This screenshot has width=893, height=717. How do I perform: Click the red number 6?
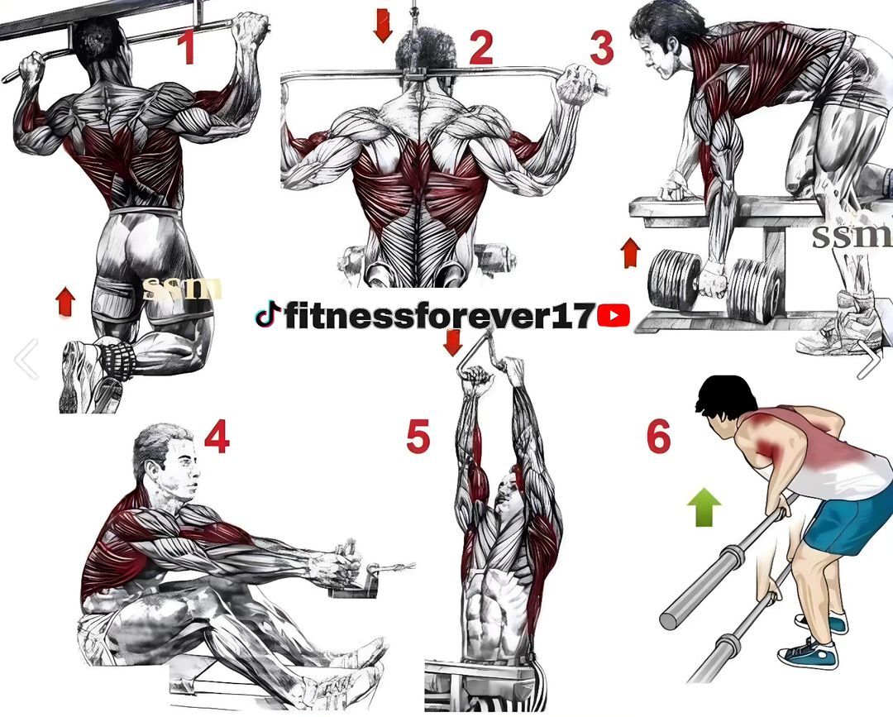click(658, 437)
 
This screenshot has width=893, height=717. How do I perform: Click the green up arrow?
click(704, 507)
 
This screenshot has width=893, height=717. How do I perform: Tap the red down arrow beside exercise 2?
click(383, 25)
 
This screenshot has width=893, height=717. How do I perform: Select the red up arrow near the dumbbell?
click(631, 252)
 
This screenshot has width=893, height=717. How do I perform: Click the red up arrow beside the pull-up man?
click(65, 302)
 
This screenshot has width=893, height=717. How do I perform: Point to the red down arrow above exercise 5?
click(452, 342)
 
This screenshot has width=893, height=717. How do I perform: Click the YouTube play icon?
click(614, 315)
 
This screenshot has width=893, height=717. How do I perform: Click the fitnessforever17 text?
click(438, 315)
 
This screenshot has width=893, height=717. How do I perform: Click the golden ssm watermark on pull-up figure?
click(183, 289)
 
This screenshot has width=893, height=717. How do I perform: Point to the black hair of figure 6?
click(724, 393)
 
